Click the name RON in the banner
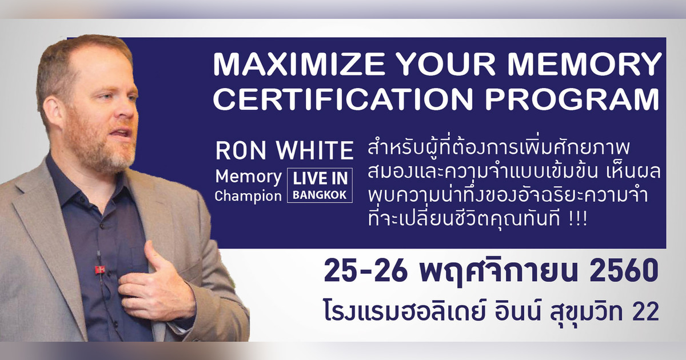point(237,151)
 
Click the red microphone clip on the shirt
point(99,268)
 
